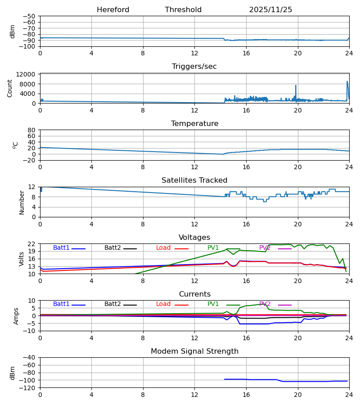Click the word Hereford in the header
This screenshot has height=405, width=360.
(113, 10)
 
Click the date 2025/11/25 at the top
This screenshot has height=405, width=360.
(270, 10)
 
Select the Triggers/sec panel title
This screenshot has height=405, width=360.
(194, 67)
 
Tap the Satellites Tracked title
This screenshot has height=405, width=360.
(194, 180)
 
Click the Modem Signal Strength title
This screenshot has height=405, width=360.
(194, 351)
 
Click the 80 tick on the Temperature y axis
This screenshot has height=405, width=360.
(31, 130)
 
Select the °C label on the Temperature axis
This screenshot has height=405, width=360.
(15, 145)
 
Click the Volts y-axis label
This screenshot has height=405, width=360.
(21, 259)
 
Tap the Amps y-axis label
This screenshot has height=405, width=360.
(17, 316)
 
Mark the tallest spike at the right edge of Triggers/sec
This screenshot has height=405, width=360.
(347, 82)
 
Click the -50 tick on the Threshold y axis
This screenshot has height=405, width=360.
(29, 16)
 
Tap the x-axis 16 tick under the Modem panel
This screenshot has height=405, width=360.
(246, 395)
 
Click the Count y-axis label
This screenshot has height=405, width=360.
(10, 88)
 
